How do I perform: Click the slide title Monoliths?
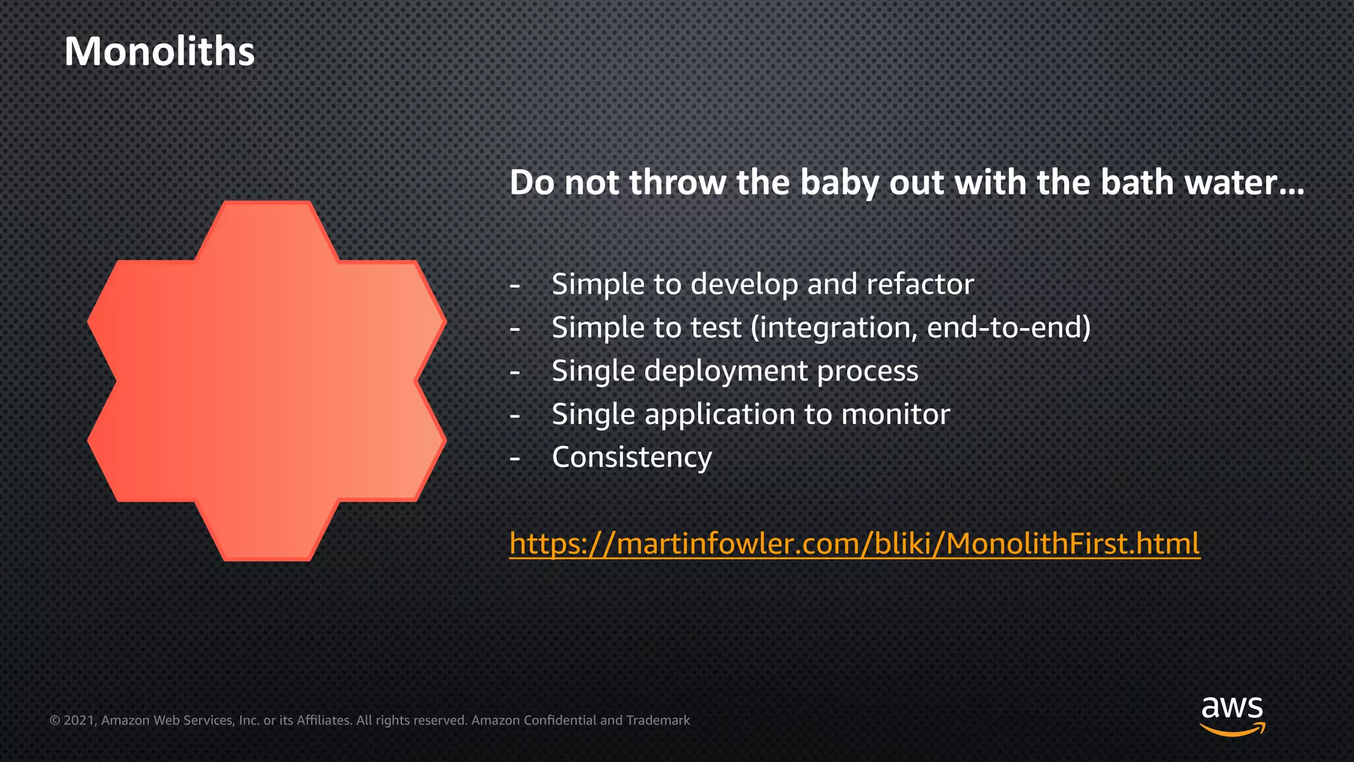click(159, 52)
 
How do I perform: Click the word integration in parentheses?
click(836, 328)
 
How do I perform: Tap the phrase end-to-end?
click(1008, 328)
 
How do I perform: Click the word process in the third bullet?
click(867, 371)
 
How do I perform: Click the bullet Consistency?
click(631, 458)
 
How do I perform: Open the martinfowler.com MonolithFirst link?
click(854, 544)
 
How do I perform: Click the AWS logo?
click(1232, 714)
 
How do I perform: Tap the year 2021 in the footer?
click(80, 720)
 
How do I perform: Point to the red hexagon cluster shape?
click(266, 380)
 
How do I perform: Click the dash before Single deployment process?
click(515, 372)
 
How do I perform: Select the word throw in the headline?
click(677, 183)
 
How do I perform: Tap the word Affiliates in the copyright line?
click(324, 720)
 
